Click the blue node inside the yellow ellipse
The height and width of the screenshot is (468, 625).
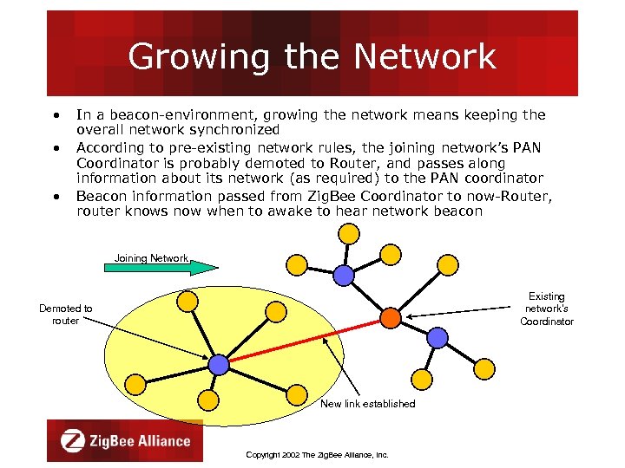(x=219, y=365)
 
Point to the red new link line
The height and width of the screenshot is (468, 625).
(x=304, y=341)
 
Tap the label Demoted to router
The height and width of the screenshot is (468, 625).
(x=66, y=315)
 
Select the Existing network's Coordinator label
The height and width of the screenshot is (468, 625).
(x=546, y=309)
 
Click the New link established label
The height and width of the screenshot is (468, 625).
(x=367, y=404)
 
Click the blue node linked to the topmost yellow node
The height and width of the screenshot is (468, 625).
(x=345, y=275)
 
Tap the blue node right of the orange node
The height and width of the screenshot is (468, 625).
(x=438, y=336)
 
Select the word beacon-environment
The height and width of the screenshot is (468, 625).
(x=160, y=114)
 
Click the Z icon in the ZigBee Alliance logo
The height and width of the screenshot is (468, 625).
(x=73, y=440)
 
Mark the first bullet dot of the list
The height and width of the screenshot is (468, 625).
(x=55, y=114)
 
